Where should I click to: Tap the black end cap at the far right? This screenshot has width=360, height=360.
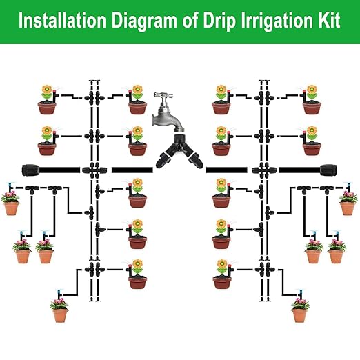click(327, 168)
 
